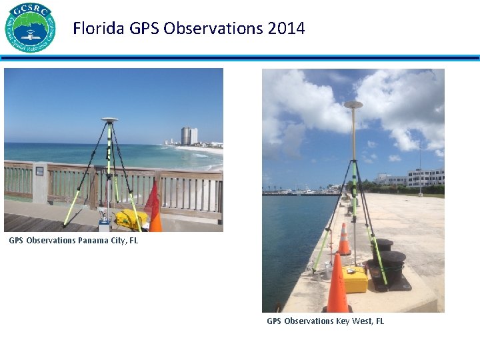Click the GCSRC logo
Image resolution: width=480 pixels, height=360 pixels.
pyautogui.click(x=30, y=27)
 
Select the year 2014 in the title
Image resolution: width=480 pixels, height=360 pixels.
pyautogui.click(x=285, y=29)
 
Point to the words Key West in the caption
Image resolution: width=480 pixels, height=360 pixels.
pyautogui.click(x=351, y=321)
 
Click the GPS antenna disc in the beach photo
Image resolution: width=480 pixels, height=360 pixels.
pyautogui.click(x=110, y=120)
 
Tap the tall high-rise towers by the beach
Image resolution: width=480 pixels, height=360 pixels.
pyautogui.click(x=189, y=136)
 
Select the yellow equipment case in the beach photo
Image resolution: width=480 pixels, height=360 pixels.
pyautogui.click(x=130, y=219)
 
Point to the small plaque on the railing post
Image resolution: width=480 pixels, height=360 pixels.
pyautogui.click(x=39, y=171)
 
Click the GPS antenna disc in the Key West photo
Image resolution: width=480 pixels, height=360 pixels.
pyautogui.click(x=353, y=105)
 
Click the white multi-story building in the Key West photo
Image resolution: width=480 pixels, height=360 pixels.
pyautogui.click(x=425, y=177)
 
